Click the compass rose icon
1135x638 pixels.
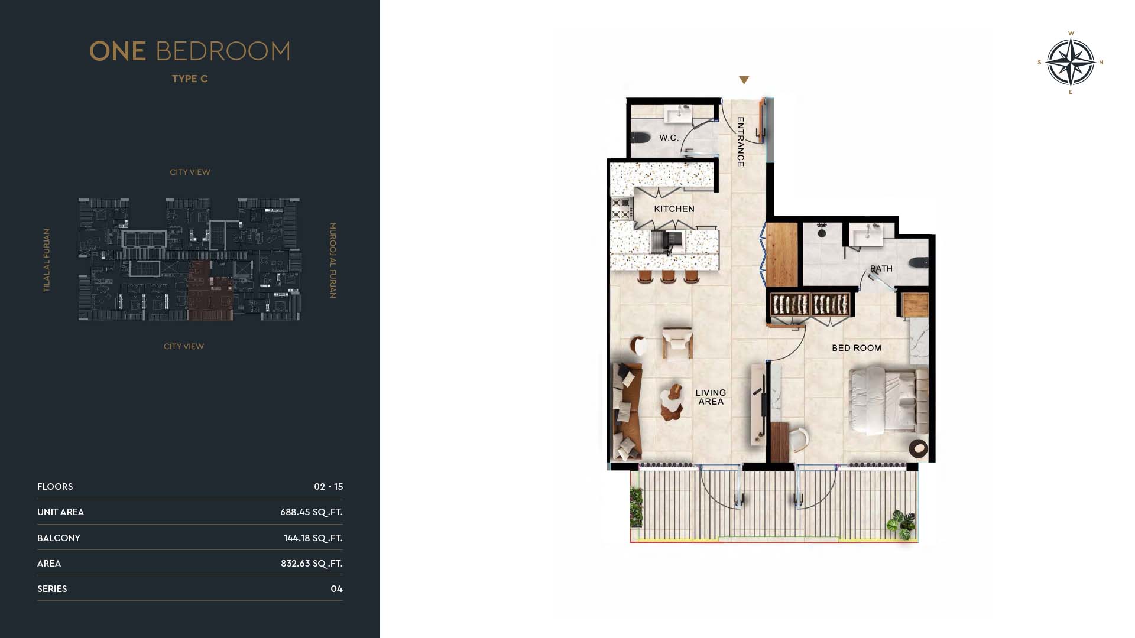coord(1071,62)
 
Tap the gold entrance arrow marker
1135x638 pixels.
coord(744,80)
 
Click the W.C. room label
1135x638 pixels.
coord(669,138)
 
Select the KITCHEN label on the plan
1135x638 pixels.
coord(674,209)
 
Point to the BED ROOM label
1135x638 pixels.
coord(857,348)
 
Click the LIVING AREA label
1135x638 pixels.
coord(711,397)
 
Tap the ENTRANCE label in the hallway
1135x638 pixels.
coord(741,142)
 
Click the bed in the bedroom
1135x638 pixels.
coord(888,401)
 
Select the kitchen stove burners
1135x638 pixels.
coord(621,209)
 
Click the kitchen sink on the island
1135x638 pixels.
coord(666,242)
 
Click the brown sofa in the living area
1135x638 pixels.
coord(627,411)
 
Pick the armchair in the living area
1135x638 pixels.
coord(677,343)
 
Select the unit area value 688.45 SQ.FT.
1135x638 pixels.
coord(312,512)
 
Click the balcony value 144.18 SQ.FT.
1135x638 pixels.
coord(313,538)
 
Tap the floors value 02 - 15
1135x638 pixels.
coord(329,487)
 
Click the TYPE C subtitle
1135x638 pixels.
coord(190,79)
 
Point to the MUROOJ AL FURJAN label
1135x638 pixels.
coord(333,261)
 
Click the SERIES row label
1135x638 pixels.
coord(52,589)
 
